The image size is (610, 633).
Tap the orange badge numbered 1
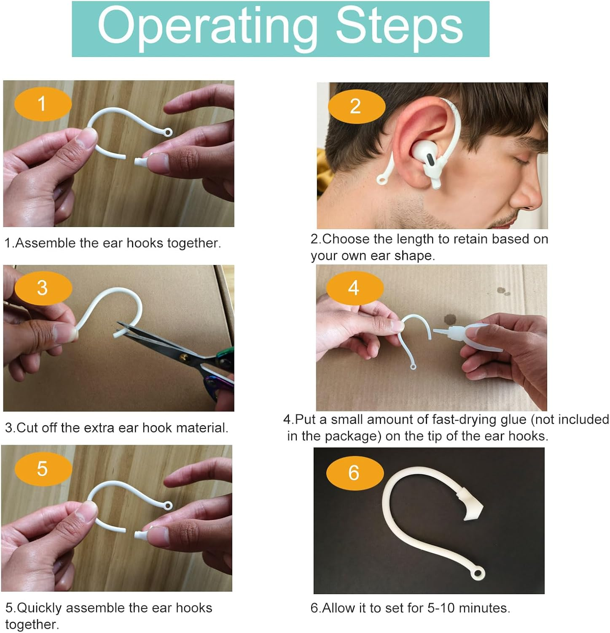tap(42, 104)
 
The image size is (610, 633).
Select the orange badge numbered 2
tap(356, 106)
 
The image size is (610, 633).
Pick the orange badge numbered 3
tap(43, 288)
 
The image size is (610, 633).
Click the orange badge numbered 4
tap(354, 288)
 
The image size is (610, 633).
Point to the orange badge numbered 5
tap(43, 469)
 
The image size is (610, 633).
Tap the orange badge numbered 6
tap(354, 473)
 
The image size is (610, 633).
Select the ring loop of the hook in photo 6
tap(478, 573)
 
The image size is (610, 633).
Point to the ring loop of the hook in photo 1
tap(168, 133)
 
